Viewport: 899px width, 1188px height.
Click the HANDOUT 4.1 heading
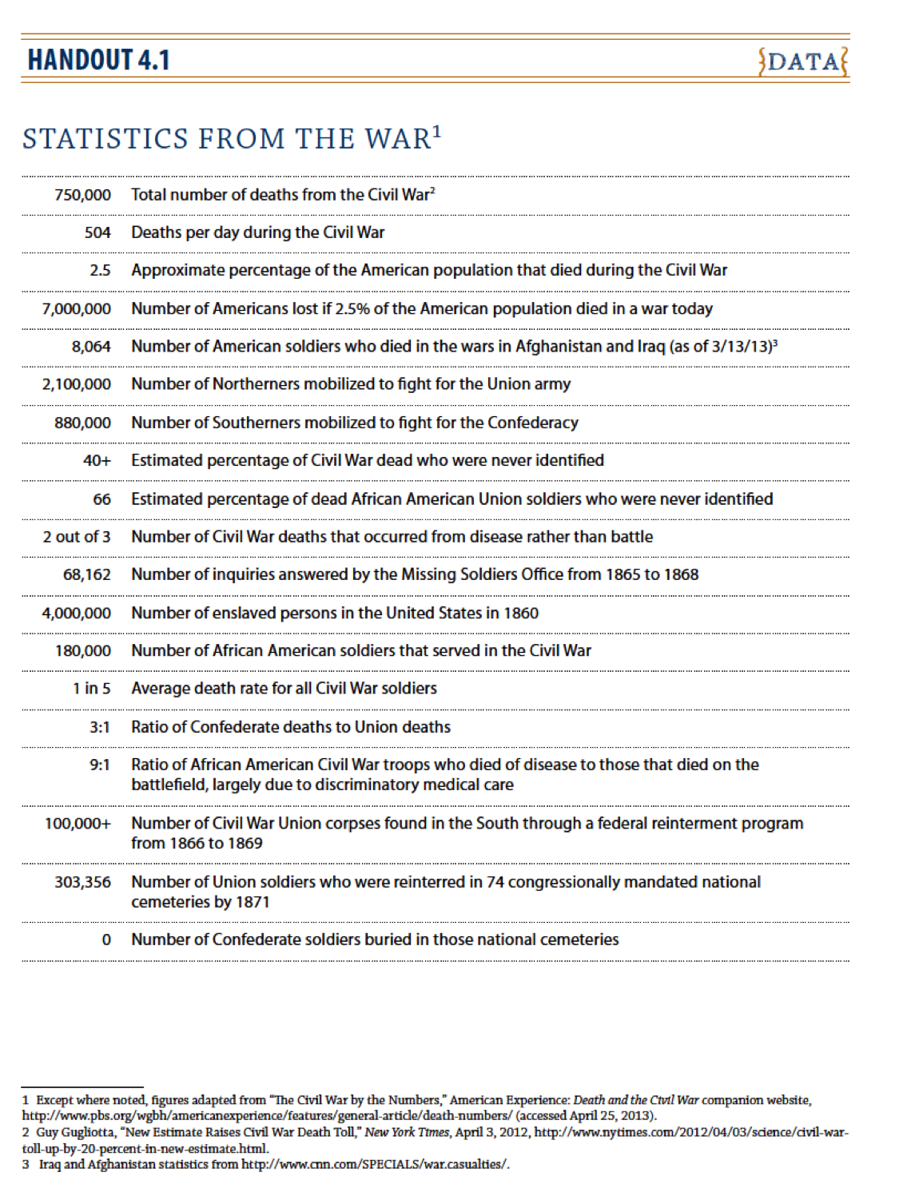98,60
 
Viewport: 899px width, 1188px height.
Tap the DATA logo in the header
803,62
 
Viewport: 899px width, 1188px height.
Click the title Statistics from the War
231,138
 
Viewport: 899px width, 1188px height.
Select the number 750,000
82,195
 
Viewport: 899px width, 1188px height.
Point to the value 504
97,232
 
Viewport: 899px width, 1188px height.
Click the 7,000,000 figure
76,309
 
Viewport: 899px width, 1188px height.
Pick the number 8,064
90,347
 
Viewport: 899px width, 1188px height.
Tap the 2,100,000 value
76,384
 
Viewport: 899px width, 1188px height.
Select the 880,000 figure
82,423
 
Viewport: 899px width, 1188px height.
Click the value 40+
97,461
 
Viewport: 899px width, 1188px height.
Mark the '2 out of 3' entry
77,537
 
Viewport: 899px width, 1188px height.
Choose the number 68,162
86,574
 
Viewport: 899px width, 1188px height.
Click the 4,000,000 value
76,614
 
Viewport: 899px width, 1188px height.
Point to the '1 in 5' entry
91,689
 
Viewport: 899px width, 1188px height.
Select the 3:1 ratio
100,727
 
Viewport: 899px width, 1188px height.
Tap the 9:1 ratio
100,765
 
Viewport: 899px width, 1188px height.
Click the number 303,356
82,882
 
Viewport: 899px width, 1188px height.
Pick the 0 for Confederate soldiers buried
106,940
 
